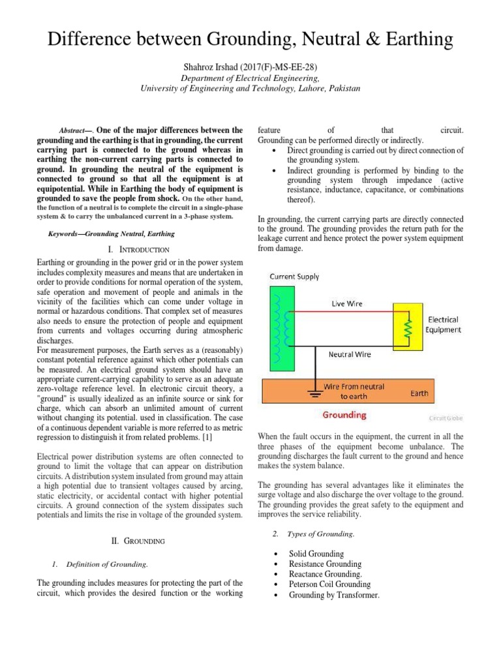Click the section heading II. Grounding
click(141, 541)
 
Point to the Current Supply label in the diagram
click(295, 277)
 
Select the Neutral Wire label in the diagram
click(350, 354)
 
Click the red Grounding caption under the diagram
click(345, 414)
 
